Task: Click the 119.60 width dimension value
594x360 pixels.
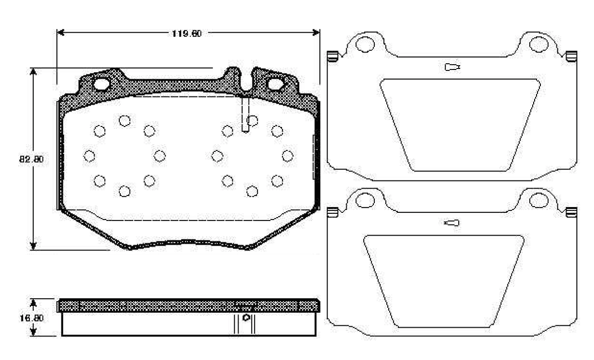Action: point(187,34)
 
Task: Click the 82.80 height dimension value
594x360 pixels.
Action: point(31,159)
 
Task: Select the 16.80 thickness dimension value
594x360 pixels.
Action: point(31,318)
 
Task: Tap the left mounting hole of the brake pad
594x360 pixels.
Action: point(101,84)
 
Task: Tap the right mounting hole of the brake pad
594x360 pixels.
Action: point(276,84)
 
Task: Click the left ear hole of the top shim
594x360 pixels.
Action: point(365,44)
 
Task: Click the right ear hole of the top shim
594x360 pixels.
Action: point(538,44)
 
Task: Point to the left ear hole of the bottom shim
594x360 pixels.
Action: point(365,201)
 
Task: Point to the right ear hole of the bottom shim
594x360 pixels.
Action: point(538,200)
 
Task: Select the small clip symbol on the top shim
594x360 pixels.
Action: point(453,67)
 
